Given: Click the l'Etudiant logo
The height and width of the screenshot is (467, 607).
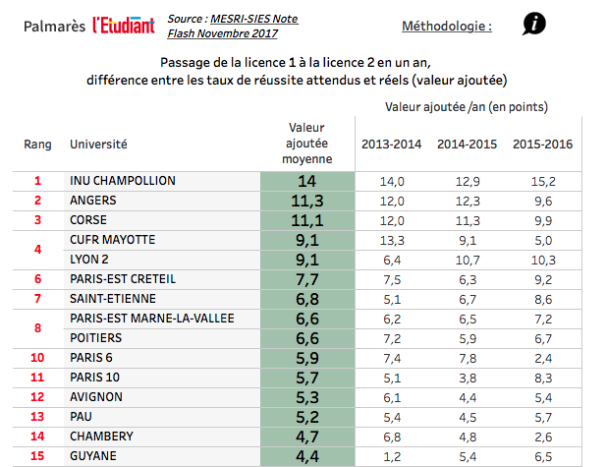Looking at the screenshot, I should (x=123, y=26).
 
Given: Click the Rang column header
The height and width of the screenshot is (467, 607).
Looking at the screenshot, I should (x=37, y=145).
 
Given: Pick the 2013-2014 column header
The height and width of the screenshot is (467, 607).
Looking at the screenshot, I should (x=391, y=145).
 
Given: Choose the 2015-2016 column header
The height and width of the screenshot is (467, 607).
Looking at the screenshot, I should (x=542, y=145).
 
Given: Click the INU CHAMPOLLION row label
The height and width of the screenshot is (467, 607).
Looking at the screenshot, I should (x=123, y=181).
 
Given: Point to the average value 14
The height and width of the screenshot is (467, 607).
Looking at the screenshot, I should (x=306, y=181).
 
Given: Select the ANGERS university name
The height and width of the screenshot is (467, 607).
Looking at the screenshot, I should (x=94, y=201).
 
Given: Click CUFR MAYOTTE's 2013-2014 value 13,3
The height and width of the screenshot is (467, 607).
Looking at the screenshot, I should (x=392, y=240).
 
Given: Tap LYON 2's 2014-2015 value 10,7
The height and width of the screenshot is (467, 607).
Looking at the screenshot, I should (x=467, y=260).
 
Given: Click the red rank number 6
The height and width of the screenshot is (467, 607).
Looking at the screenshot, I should (x=38, y=279).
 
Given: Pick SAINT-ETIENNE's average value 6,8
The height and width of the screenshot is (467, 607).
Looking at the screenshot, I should (x=306, y=299).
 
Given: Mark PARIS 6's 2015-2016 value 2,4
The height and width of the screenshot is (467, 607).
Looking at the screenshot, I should (x=542, y=358).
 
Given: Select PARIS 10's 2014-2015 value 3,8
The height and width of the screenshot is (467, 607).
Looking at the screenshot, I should (x=467, y=378).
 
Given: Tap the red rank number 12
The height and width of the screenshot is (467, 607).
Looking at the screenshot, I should (x=38, y=397).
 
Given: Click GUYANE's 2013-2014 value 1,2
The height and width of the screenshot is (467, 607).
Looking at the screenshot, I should (x=392, y=456).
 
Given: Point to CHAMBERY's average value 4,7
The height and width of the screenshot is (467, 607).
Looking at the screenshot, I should (x=306, y=437).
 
